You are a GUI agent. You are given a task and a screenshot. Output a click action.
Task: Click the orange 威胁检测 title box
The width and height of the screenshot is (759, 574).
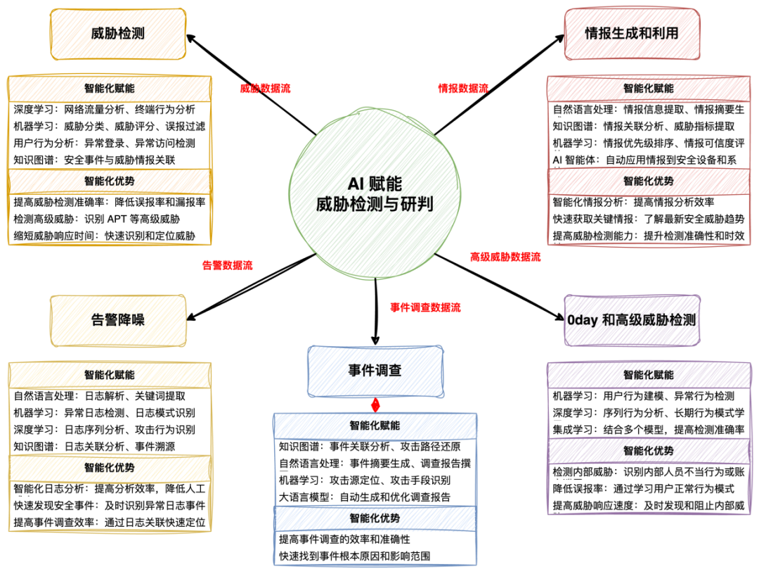(118, 34)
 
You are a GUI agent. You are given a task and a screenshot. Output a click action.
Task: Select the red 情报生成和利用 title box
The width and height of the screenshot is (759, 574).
(632, 34)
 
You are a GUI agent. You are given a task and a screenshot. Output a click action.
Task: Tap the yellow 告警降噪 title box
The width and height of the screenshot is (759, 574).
(118, 320)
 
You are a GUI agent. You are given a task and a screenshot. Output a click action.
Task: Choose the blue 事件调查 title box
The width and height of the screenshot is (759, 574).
(375, 371)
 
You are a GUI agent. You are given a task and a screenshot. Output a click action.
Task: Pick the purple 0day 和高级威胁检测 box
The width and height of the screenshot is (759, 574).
(632, 320)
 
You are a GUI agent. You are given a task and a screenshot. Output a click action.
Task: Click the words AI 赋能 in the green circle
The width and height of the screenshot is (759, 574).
(375, 184)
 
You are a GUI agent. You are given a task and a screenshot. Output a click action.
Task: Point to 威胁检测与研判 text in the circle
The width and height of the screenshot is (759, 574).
(375, 205)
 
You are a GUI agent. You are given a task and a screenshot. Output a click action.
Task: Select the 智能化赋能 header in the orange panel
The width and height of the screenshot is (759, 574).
(110, 89)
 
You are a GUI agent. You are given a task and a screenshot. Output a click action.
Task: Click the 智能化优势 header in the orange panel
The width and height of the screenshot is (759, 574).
(110, 181)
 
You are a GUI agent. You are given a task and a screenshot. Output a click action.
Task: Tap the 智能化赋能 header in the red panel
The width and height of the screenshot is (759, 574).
(649, 89)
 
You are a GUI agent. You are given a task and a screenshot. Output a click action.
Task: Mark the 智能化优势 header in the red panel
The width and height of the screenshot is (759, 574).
(649, 181)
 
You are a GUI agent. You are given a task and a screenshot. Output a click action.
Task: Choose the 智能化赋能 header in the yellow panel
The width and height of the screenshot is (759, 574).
(110, 375)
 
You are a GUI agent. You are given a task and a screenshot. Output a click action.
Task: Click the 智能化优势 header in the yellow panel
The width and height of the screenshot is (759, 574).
(110, 468)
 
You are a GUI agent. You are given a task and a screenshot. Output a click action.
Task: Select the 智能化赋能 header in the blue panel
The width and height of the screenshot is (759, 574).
(375, 426)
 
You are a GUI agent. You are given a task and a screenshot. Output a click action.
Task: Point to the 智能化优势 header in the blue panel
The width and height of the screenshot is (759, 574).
(375, 518)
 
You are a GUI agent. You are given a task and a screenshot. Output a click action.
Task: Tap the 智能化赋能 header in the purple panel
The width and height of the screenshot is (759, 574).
(649, 375)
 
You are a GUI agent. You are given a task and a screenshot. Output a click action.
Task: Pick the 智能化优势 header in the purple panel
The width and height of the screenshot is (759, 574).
(649, 451)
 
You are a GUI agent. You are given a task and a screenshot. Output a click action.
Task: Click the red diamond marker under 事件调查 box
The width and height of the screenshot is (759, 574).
(375, 405)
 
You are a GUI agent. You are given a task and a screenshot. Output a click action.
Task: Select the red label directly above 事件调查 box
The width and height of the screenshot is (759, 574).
(426, 307)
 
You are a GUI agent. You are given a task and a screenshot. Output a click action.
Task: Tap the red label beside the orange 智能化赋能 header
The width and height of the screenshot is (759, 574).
(266, 89)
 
